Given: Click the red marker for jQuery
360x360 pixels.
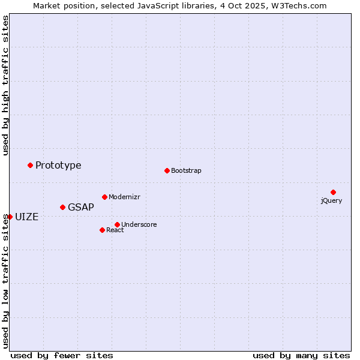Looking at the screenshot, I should click(x=333, y=192).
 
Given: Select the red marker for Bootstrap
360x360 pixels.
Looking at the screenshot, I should click(x=167, y=170).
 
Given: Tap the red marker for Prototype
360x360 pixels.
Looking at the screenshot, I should click(x=30, y=165).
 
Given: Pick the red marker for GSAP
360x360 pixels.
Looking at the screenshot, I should click(x=62, y=207).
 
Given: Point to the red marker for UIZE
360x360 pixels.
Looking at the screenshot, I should click(x=10, y=217).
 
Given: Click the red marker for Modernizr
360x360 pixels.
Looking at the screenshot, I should click(x=104, y=197).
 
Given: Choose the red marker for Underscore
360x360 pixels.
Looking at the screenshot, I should click(x=117, y=224).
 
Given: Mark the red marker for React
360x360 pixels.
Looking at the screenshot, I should click(x=102, y=230).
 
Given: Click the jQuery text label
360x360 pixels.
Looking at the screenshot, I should click(x=331, y=200).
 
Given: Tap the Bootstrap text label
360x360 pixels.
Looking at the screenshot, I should click(x=186, y=170).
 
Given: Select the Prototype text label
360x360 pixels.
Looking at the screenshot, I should click(x=58, y=165).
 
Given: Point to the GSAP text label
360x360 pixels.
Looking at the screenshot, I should click(x=81, y=207).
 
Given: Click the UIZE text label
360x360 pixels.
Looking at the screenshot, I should click(x=26, y=217).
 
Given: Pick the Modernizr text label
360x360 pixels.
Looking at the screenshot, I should click(x=124, y=197).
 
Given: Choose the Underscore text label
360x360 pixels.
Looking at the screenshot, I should click(x=139, y=224).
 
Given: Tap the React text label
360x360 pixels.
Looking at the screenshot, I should click(x=115, y=230).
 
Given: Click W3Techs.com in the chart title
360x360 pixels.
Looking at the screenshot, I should click(x=298, y=5).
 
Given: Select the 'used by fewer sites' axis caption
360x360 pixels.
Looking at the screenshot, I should click(x=62, y=355).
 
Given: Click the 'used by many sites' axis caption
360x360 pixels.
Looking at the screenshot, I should click(x=301, y=355).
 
